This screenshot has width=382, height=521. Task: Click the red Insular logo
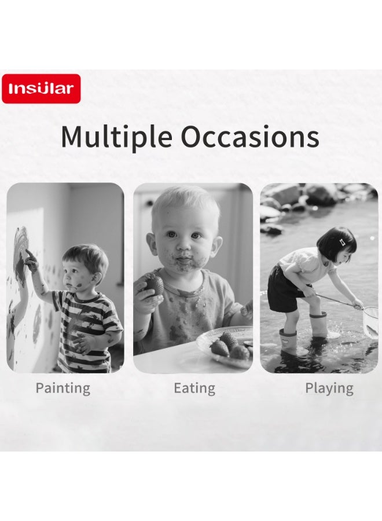click(41, 89)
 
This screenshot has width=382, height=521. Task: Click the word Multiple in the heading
click(116, 137)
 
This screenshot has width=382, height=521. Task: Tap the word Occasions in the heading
click(250, 136)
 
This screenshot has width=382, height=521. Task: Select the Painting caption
click(63, 388)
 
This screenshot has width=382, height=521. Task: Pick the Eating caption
click(194, 388)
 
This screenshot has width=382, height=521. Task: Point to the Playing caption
click(329, 388)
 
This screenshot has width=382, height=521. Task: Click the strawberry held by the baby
click(154, 284)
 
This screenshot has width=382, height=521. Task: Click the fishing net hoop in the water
click(370, 321)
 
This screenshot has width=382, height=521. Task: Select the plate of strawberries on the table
click(225, 346)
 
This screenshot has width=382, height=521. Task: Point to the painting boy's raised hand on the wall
click(31, 261)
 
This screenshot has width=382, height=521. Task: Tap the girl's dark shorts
click(285, 290)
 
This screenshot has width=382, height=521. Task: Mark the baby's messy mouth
click(182, 260)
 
